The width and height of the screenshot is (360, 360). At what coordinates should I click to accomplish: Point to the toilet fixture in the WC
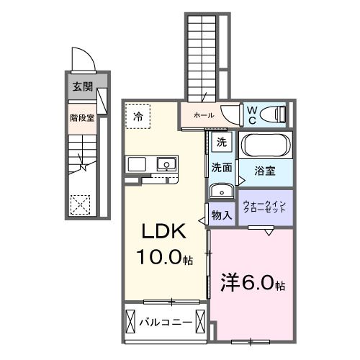click(273, 114)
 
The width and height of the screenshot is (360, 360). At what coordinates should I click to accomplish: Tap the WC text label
click(253, 114)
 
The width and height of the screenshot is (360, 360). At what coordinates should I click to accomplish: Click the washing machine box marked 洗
click(222, 143)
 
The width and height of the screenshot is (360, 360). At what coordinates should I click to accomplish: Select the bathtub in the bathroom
click(266, 145)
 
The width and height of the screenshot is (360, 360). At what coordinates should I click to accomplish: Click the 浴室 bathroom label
click(266, 171)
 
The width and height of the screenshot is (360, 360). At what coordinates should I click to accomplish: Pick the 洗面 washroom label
click(221, 168)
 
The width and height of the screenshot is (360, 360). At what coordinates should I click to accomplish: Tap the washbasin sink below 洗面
click(221, 191)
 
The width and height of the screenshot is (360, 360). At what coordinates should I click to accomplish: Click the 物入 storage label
click(222, 215)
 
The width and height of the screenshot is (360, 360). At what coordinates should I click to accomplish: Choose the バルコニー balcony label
click(166, 322)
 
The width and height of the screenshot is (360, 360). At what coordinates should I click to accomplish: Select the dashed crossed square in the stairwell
click(80, 204)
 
